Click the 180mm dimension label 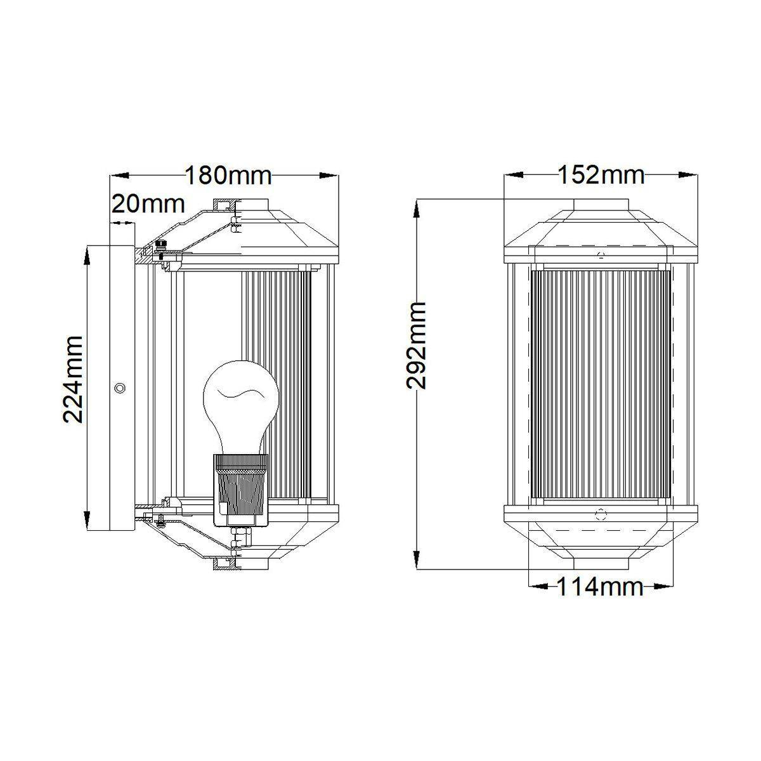pyautogui.click(x=228, y=176)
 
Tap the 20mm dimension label pyautogui.click(x=148, y=204)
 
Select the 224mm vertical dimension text pyautogui.click(x=73, y=379)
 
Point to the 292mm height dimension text pyautogui.click(x=416, y=346)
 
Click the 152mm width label pyautogui.click(x=601, y=175)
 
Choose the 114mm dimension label pyautogui.click(x=600, y=598)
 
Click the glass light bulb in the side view pyautogui.click(x=241, y=407)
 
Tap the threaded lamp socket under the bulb pyautogui.click(x=241, y=490)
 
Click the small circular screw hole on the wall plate pyautogui.click(x=119, y=388)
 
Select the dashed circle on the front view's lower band pyautogui.click(x=601, y=514)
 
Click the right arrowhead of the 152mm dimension pyautogui.click(x=688, y=176)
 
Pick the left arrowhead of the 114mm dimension pyautogui.click(x=538, y=598)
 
